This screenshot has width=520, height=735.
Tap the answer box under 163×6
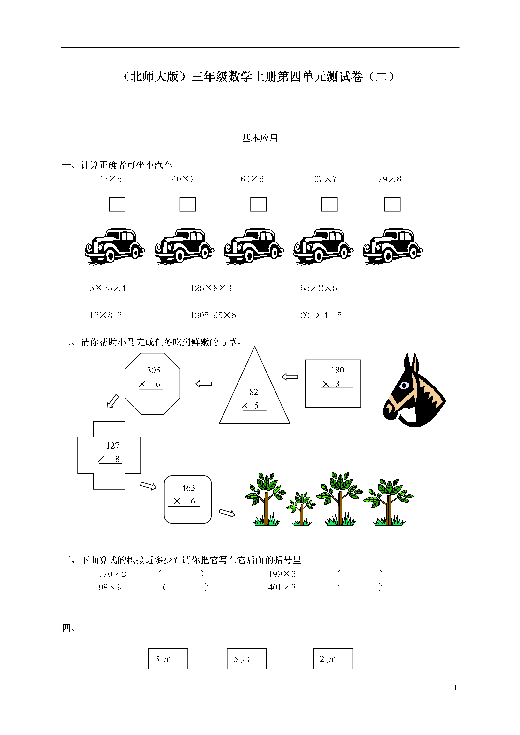coord(258,204)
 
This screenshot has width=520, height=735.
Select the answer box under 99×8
coord(392,204)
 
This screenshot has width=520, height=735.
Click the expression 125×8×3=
coord(213,288)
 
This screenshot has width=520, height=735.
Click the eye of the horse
coord(404,385)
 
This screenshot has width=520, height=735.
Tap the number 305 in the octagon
coord(154,370)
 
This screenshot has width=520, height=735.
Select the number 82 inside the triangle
coord(254,392)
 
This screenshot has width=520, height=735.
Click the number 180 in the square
coord(337,370)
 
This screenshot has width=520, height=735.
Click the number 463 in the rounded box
coord(188,488)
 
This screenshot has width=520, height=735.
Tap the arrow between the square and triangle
coord(290,377)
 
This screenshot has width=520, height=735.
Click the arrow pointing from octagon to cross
coord(112,401)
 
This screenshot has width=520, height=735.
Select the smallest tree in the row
coord(301,509)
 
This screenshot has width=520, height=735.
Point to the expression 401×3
coord(282,587)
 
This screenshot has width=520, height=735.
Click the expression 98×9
coord(110,587)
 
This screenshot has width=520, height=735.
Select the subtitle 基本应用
coord(260,138)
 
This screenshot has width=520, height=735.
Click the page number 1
coord(456,687)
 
